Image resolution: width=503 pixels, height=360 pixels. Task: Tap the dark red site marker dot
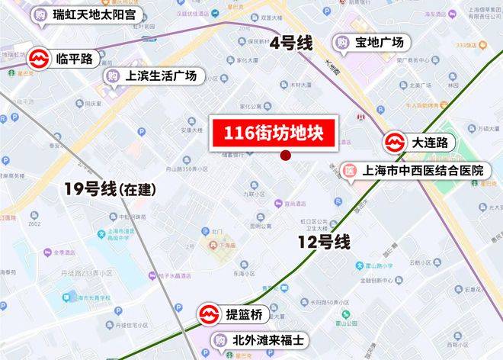tap(285, 156)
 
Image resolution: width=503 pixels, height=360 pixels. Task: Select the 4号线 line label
tap(292, 43)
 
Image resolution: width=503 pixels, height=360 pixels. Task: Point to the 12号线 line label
tap(324, 243)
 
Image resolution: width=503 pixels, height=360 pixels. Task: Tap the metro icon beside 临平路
tap(39, 59)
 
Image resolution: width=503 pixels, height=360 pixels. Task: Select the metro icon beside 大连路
tap(393, 142)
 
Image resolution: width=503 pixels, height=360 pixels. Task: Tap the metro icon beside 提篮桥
tap(208, 313)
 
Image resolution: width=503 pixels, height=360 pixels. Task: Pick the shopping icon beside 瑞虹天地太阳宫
tap(39, 14)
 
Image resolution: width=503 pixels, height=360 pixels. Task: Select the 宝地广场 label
tap(380, 42)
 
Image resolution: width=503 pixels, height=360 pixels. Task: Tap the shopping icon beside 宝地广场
tap(342, 42)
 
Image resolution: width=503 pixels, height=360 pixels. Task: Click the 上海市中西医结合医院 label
tap(423, 171)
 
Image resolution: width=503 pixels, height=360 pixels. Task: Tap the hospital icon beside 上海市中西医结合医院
tap(350, 171)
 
